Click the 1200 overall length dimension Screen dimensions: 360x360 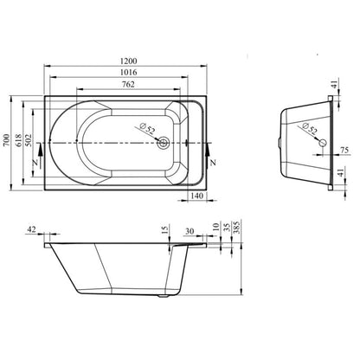pos(129,61)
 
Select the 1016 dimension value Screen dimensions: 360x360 pos(129,72)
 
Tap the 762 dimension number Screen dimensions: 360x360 pos(128,84)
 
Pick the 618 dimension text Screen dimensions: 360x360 pos(18,140)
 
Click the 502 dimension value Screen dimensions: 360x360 pos(29,140)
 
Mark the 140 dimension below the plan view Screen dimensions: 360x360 pos(197,196)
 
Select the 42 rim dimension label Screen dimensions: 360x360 pos(31,229)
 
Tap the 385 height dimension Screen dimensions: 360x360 pos(237,227)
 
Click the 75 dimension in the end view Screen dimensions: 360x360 pos(344,150)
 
